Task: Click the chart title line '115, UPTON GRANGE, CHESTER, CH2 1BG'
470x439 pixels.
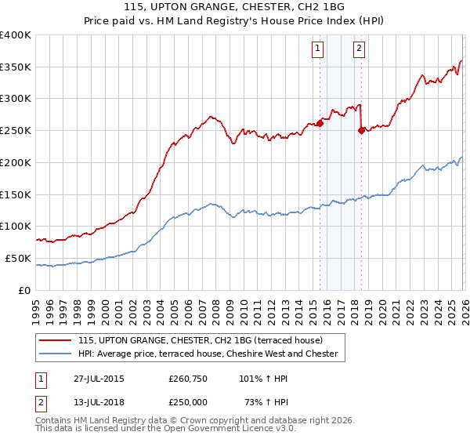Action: tap(234, 7)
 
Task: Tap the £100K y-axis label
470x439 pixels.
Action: tap(16, 227)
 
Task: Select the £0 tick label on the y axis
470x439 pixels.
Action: tap(25, 290)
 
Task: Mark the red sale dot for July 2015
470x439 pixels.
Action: tap(320, 123)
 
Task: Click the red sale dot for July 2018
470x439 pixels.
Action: tap(361, 130)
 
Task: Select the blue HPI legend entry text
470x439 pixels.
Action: tap(208, 354)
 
